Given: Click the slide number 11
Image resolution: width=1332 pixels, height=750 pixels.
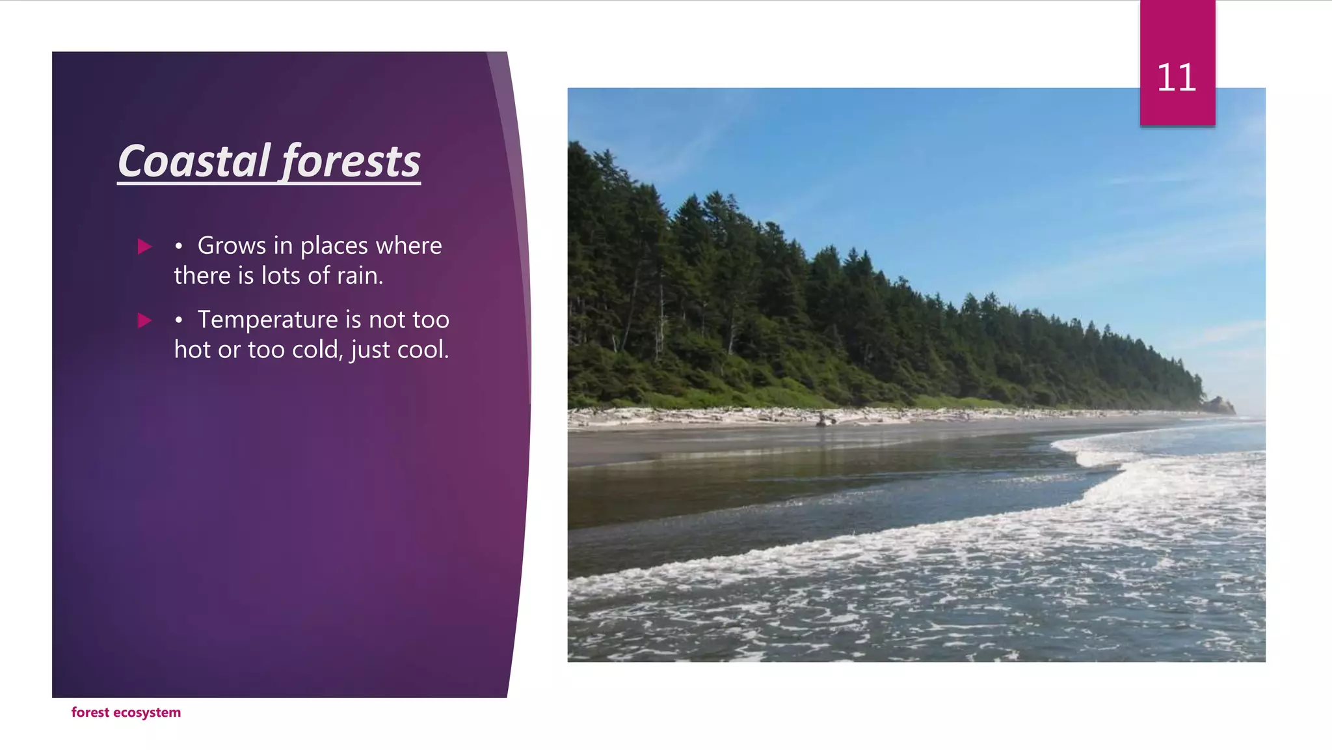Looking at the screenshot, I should click(1177, 78).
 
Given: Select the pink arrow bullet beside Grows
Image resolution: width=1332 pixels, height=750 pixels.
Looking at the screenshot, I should click(144, 246).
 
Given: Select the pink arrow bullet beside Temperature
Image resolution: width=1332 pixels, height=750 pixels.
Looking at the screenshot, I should click(144, 320).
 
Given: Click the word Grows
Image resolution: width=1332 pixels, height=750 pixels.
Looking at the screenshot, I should click(232, 246).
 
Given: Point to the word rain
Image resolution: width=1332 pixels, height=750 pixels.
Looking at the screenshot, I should click(360, 276).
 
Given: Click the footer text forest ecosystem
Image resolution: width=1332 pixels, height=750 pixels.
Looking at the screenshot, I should click(126, 712).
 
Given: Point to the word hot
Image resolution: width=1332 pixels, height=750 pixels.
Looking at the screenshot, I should click(193, 350).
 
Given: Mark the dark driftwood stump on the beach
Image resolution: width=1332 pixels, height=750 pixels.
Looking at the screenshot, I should click(825, 420).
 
